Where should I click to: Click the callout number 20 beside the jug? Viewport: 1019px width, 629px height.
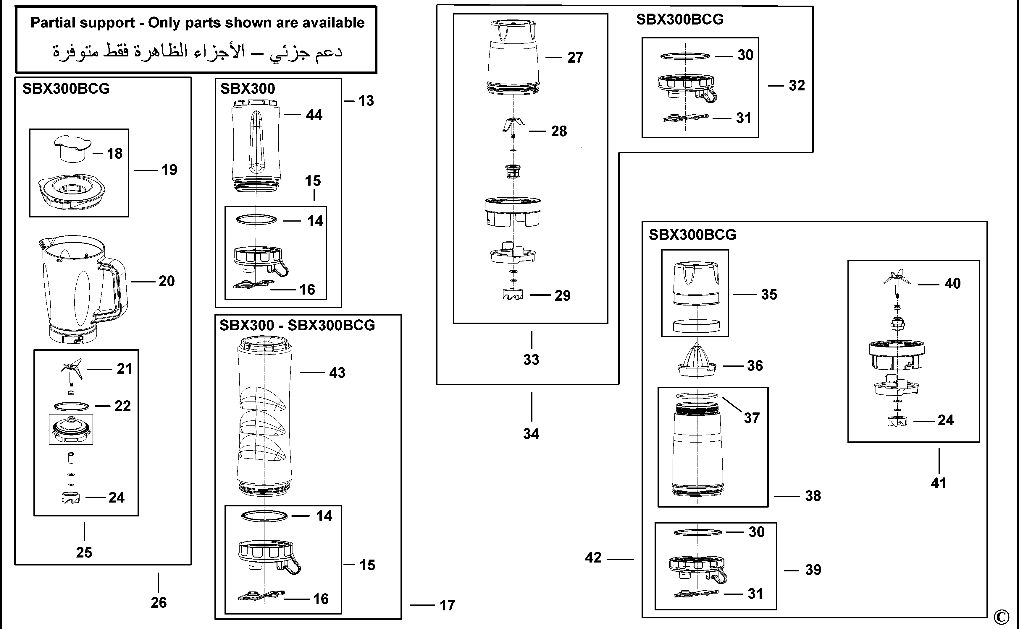(167, 281)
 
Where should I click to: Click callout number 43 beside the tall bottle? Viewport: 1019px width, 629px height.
(337, 373)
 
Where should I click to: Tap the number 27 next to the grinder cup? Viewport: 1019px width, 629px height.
(575, 57)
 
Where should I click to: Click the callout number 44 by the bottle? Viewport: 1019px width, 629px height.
(314, 115)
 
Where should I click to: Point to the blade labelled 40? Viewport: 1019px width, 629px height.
(897, 281)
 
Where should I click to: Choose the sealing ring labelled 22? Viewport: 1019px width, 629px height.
(71, 406)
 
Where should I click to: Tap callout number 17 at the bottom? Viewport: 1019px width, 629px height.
(447, 605)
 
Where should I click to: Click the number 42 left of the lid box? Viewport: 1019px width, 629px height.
(593, 558)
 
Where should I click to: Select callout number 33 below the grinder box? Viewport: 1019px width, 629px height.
(531, 360)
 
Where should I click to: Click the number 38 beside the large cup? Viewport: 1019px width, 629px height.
(813, 496)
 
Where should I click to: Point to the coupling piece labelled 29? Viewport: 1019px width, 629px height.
(513, 295)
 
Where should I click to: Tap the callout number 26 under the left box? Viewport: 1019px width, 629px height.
(158, 602)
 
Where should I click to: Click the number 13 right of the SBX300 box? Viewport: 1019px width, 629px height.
(366, 101)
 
